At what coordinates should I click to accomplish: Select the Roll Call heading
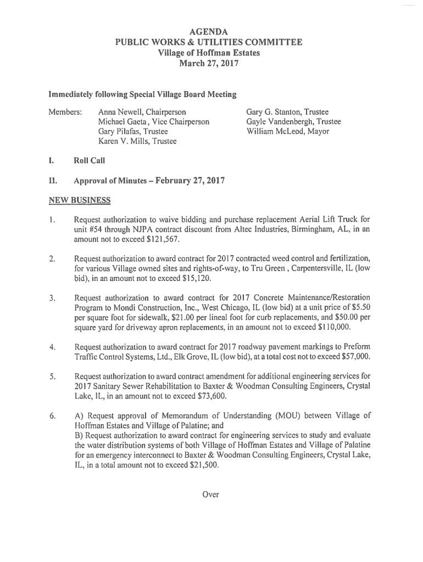(89, 161)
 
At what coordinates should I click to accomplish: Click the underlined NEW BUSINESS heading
(79, 200)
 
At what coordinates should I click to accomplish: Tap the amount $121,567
(163, 240)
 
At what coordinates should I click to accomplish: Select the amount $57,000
(351, 357)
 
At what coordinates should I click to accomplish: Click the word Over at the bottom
(210, 494)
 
